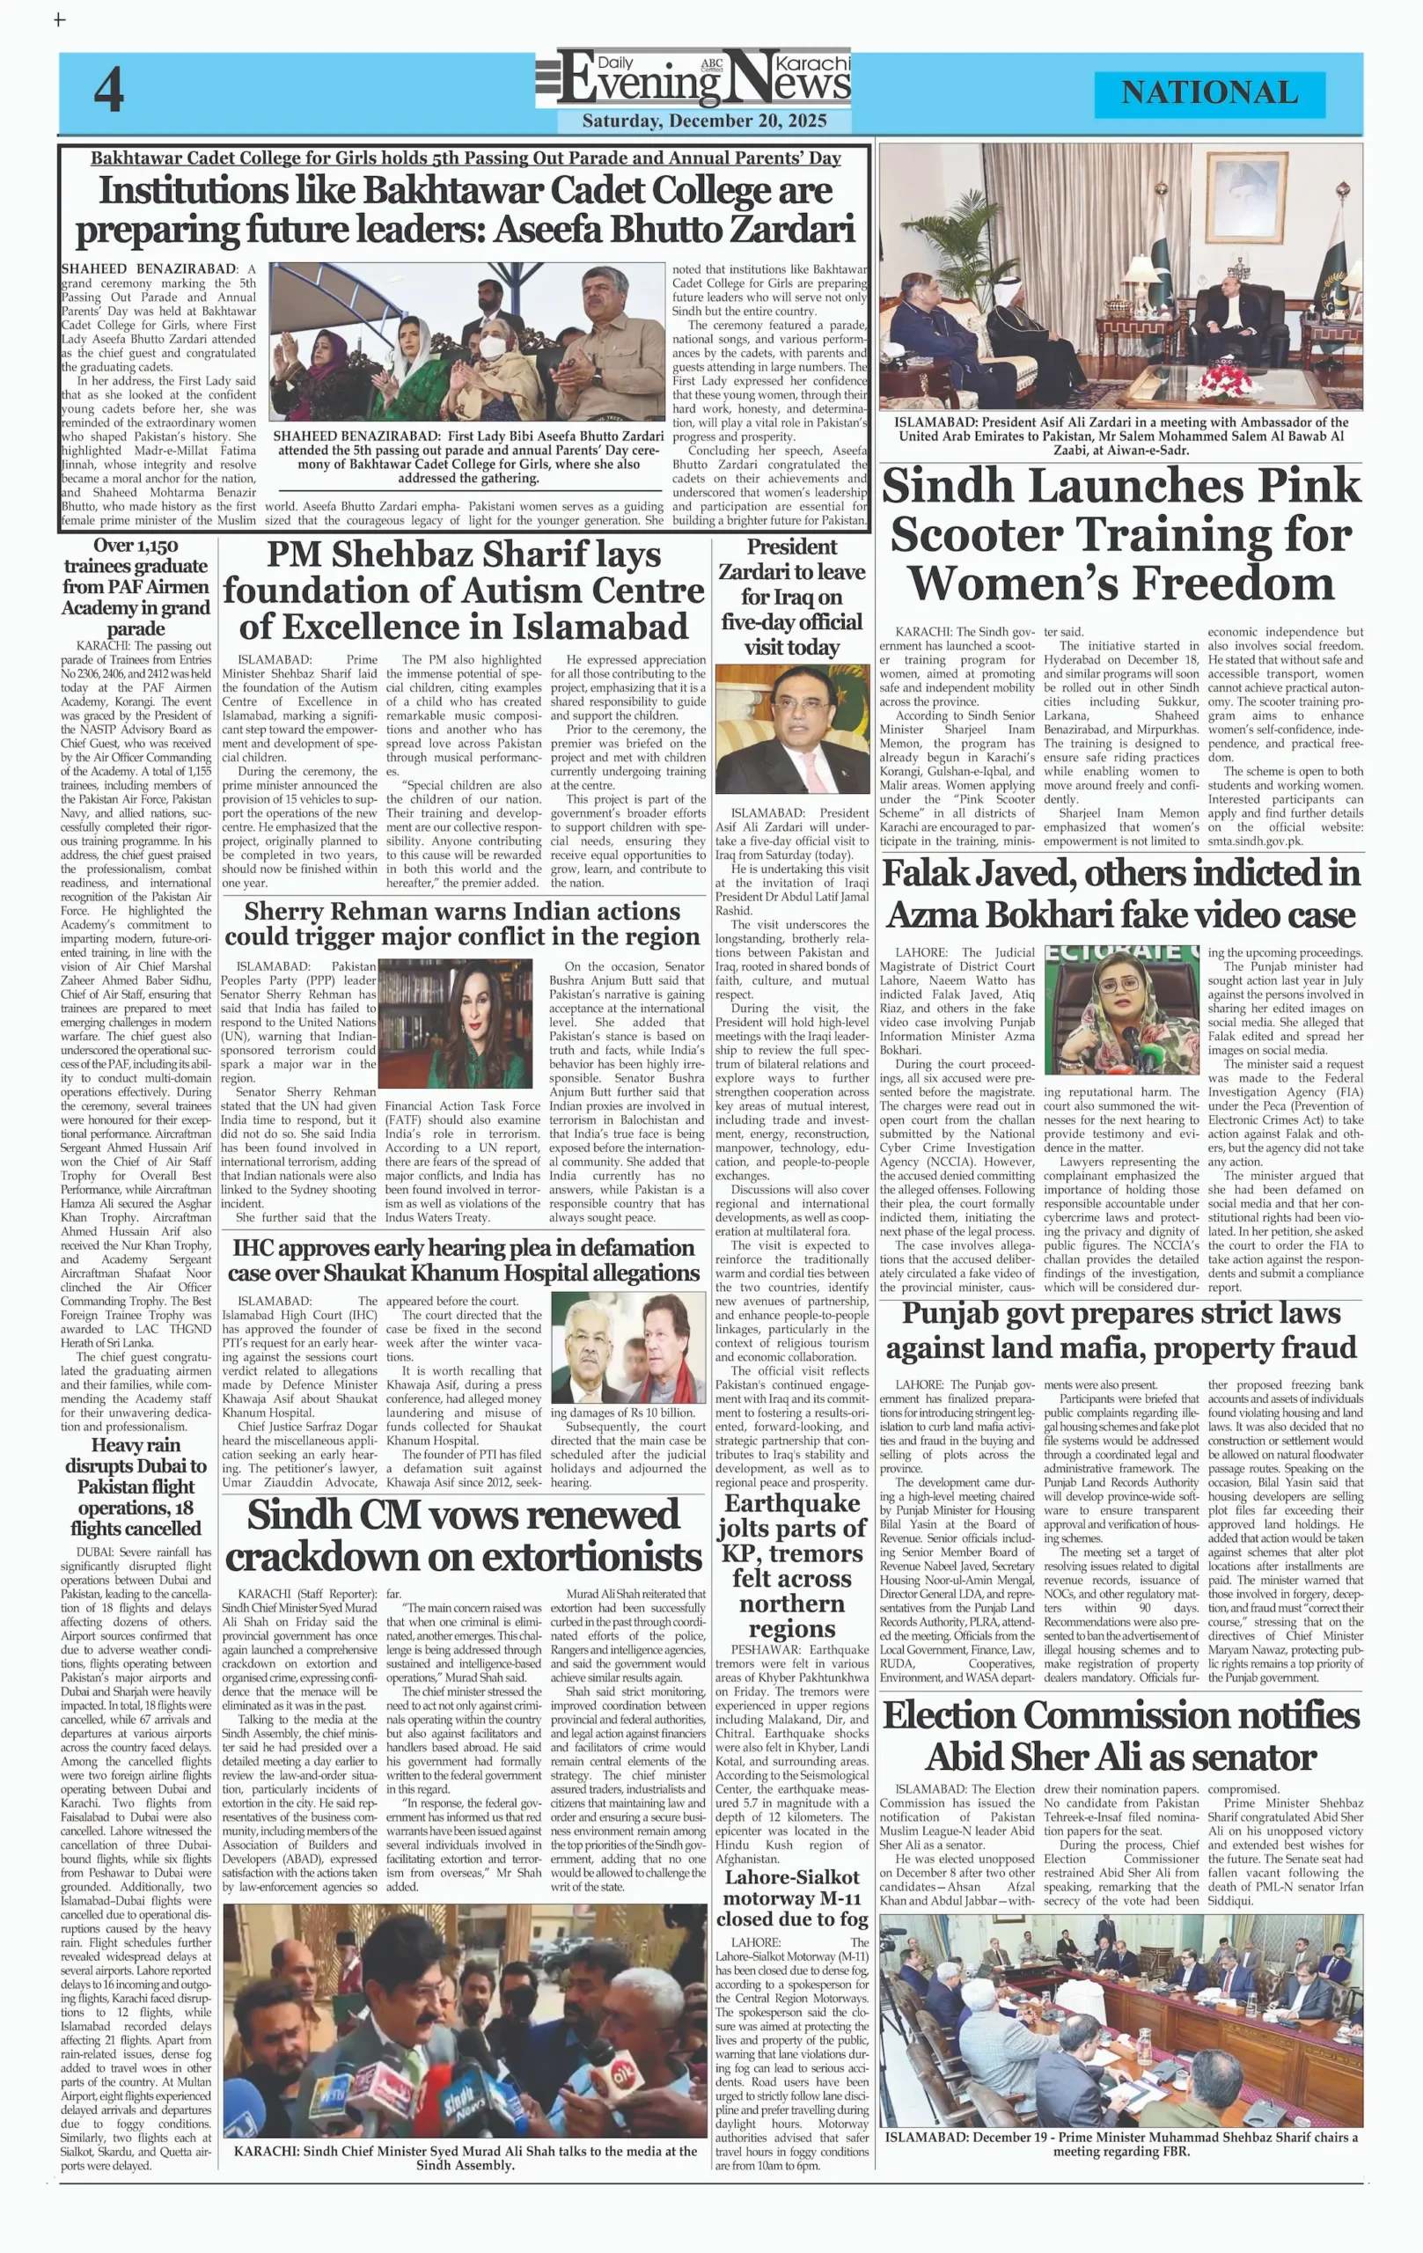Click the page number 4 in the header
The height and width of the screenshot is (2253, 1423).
[108, 92]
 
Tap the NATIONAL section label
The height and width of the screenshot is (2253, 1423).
[1209, 92]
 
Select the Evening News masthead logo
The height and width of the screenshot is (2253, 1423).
[693, 79]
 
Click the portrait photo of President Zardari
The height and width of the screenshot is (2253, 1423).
[791, 730]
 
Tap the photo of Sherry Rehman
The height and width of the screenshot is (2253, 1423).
[456, 1024]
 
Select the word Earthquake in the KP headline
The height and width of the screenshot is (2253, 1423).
[791, 1503]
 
